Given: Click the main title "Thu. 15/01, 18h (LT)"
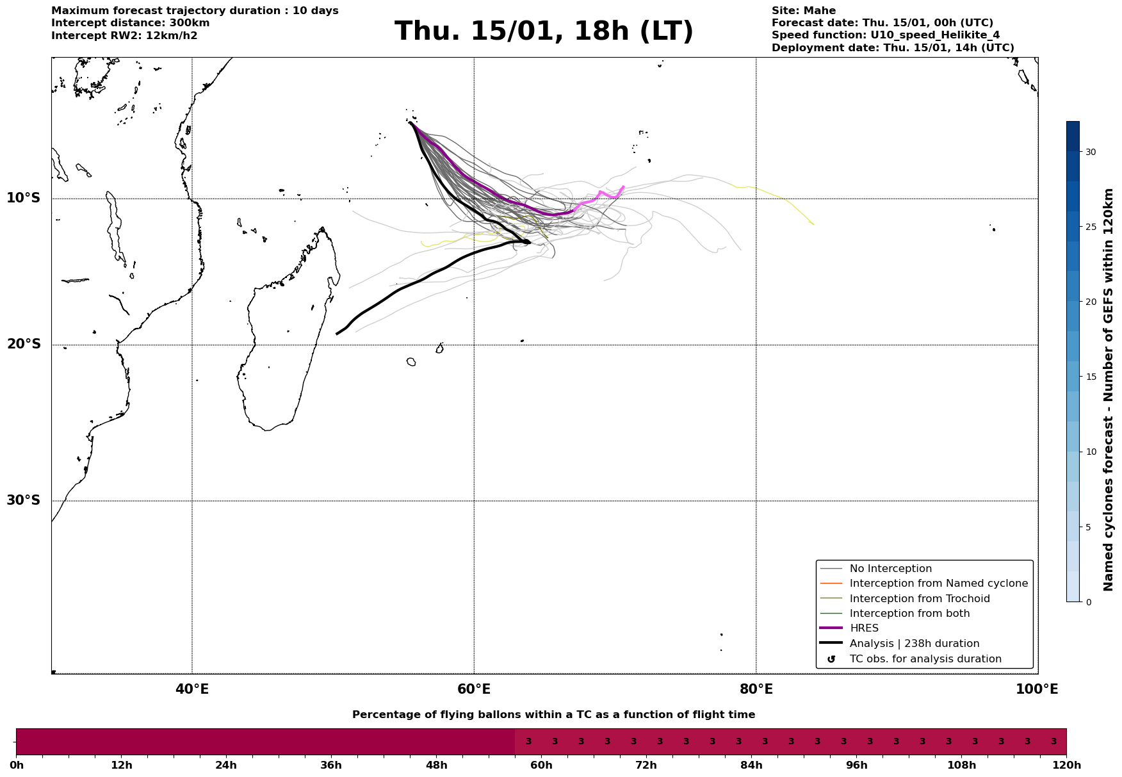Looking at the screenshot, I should (x=544, y=31).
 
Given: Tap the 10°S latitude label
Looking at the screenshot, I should (x=24, y=198).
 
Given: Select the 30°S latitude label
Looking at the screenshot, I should (x=24, y=500).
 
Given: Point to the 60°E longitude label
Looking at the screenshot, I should (x=474, y=689).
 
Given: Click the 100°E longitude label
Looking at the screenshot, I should (x=1037, y=689).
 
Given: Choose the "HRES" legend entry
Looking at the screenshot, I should (x=864, y=628).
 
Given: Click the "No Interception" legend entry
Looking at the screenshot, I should (x=890, y=569).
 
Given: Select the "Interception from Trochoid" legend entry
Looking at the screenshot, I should (x=919, y=599).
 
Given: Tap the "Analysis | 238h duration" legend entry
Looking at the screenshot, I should (x=914, y=644).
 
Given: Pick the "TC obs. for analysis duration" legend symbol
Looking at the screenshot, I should (x=831, y=659).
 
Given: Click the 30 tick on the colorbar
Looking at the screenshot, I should (x=1090, y=152).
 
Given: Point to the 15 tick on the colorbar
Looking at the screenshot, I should (x=1090, y=377).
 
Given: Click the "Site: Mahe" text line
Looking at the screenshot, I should (x=803, y=11).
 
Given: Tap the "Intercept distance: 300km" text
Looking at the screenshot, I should (x=130, y=23).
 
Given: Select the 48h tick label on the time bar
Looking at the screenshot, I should (x=436, y=765).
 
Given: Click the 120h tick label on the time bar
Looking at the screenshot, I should (x=1066, y=765).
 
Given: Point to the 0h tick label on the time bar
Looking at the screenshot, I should (x=17, y=765).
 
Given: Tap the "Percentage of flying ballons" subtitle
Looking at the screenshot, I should (x=553, y=715).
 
